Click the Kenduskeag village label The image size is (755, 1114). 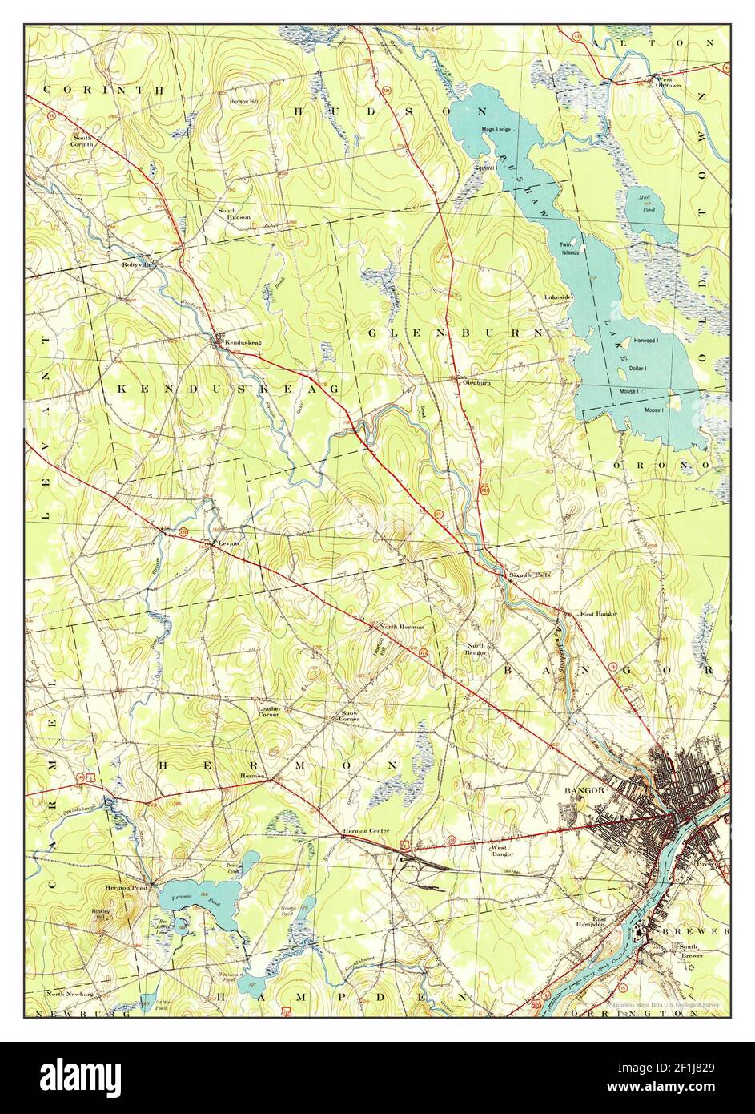coord(243,343)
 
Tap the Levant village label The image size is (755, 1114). coord(229,544)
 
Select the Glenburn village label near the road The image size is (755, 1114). coord(476,383)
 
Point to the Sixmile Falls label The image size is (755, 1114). coord(528,575)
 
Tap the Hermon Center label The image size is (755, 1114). coord(366,831)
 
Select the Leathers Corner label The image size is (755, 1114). coord(268,711)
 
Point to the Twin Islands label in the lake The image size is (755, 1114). coord(570,248)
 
